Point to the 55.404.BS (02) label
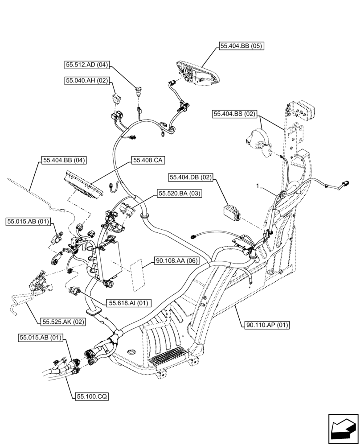[234, 114]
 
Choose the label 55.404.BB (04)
[64, 160]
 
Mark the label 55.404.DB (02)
[191, 178]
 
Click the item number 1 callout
[258, 185]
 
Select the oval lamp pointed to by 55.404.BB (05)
[196, 73]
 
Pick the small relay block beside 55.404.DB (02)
[231, 212]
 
